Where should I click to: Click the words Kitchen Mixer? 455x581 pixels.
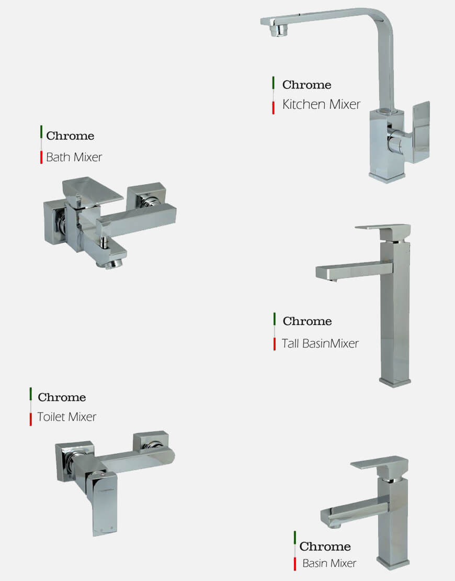pyautogui.click(x=321, y=105)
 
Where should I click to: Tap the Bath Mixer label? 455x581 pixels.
pyautogui.click(x=74, y=157)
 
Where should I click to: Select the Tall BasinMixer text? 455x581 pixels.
pyautogui.click(x=320, y=343)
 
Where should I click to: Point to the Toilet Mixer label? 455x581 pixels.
pyautogui.click(x=66, y=417)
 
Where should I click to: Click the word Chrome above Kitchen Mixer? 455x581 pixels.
pyautogui.click(x=306, y=84)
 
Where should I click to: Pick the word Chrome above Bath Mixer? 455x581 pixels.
pyautogui.click(x=70, y=136)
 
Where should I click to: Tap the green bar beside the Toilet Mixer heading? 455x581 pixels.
pyautogui.click(x=31, y=394)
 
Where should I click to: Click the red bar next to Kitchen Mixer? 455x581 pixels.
pyautogui.click(x=273, y=108)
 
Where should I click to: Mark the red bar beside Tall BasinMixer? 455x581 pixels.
pyautogui.click(x=275, y=344)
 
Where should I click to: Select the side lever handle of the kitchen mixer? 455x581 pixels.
pyautogui.click(x=422, y=132)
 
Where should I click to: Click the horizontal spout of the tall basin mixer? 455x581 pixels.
pyautogui.click(x=354, y=271)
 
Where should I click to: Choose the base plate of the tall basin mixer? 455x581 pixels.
pyautogui.click(x=395, y=382)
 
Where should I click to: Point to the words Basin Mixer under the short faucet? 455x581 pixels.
pyautogui.click(x=329, y=563)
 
